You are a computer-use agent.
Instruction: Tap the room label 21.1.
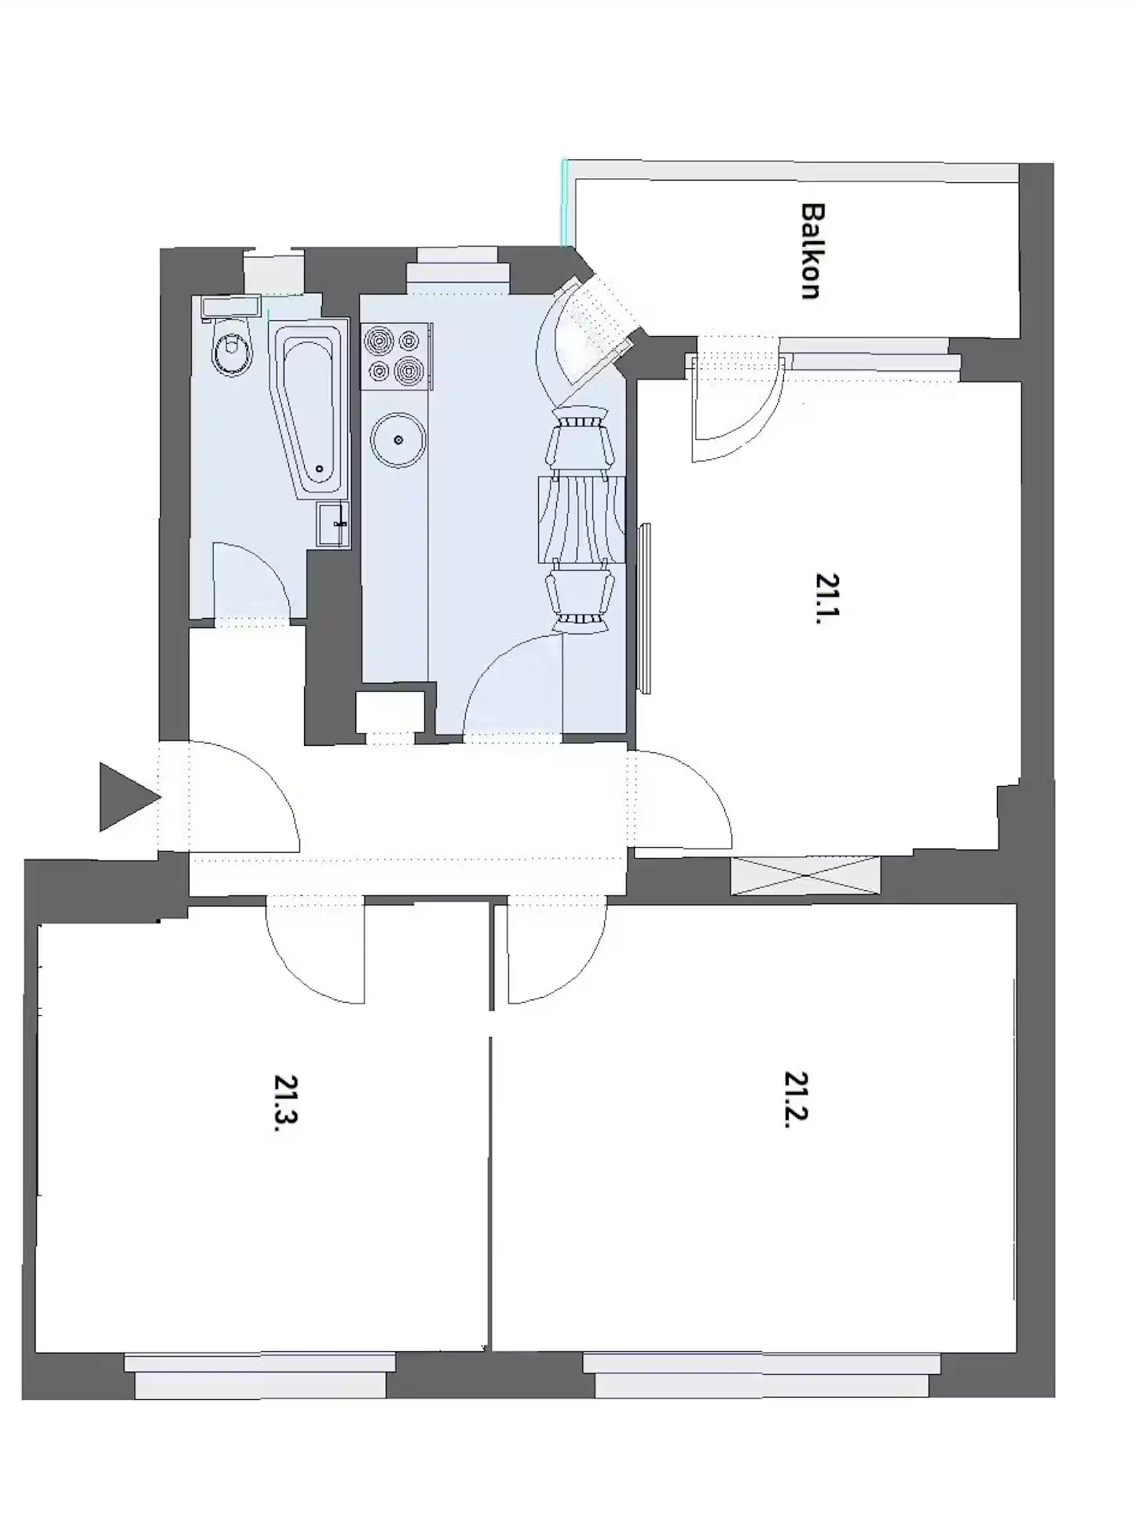coord(826,598)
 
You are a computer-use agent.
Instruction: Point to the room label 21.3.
coord(286,1102)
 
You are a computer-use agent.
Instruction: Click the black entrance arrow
coord(126,797)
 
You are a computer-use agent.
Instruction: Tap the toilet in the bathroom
coord(233,349)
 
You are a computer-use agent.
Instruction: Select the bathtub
coord(311,408)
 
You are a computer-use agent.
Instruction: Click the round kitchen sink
coord(398,440)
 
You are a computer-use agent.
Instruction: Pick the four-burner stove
coord(395,356)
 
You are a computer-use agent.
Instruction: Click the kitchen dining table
coord(582,519)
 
